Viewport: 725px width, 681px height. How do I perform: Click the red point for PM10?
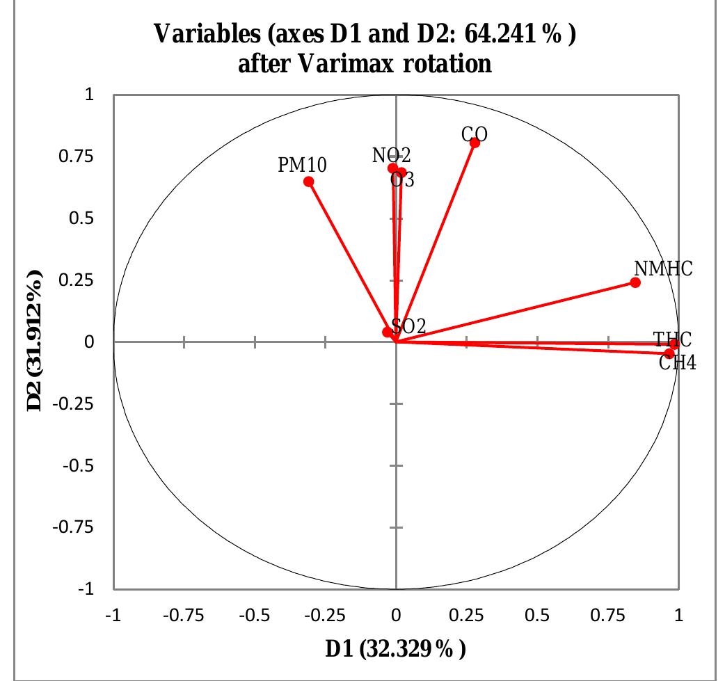[309, 182]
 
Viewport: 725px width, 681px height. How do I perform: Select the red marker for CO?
[475, 143]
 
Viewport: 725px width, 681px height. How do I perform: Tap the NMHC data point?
[635, 282]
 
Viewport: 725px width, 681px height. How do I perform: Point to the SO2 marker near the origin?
[388, 333]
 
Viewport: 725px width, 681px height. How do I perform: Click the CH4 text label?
[678, 362]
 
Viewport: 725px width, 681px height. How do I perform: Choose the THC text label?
[672, 339]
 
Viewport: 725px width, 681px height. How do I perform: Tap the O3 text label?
[403, 180]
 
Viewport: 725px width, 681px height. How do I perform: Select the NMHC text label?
[663, 269]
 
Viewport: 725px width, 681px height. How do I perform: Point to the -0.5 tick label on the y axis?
[82, 466]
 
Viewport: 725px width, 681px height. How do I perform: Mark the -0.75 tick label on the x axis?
[184, 616]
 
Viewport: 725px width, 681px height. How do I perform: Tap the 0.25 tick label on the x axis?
[467, 616]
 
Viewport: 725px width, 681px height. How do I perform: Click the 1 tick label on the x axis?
[679, 616]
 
